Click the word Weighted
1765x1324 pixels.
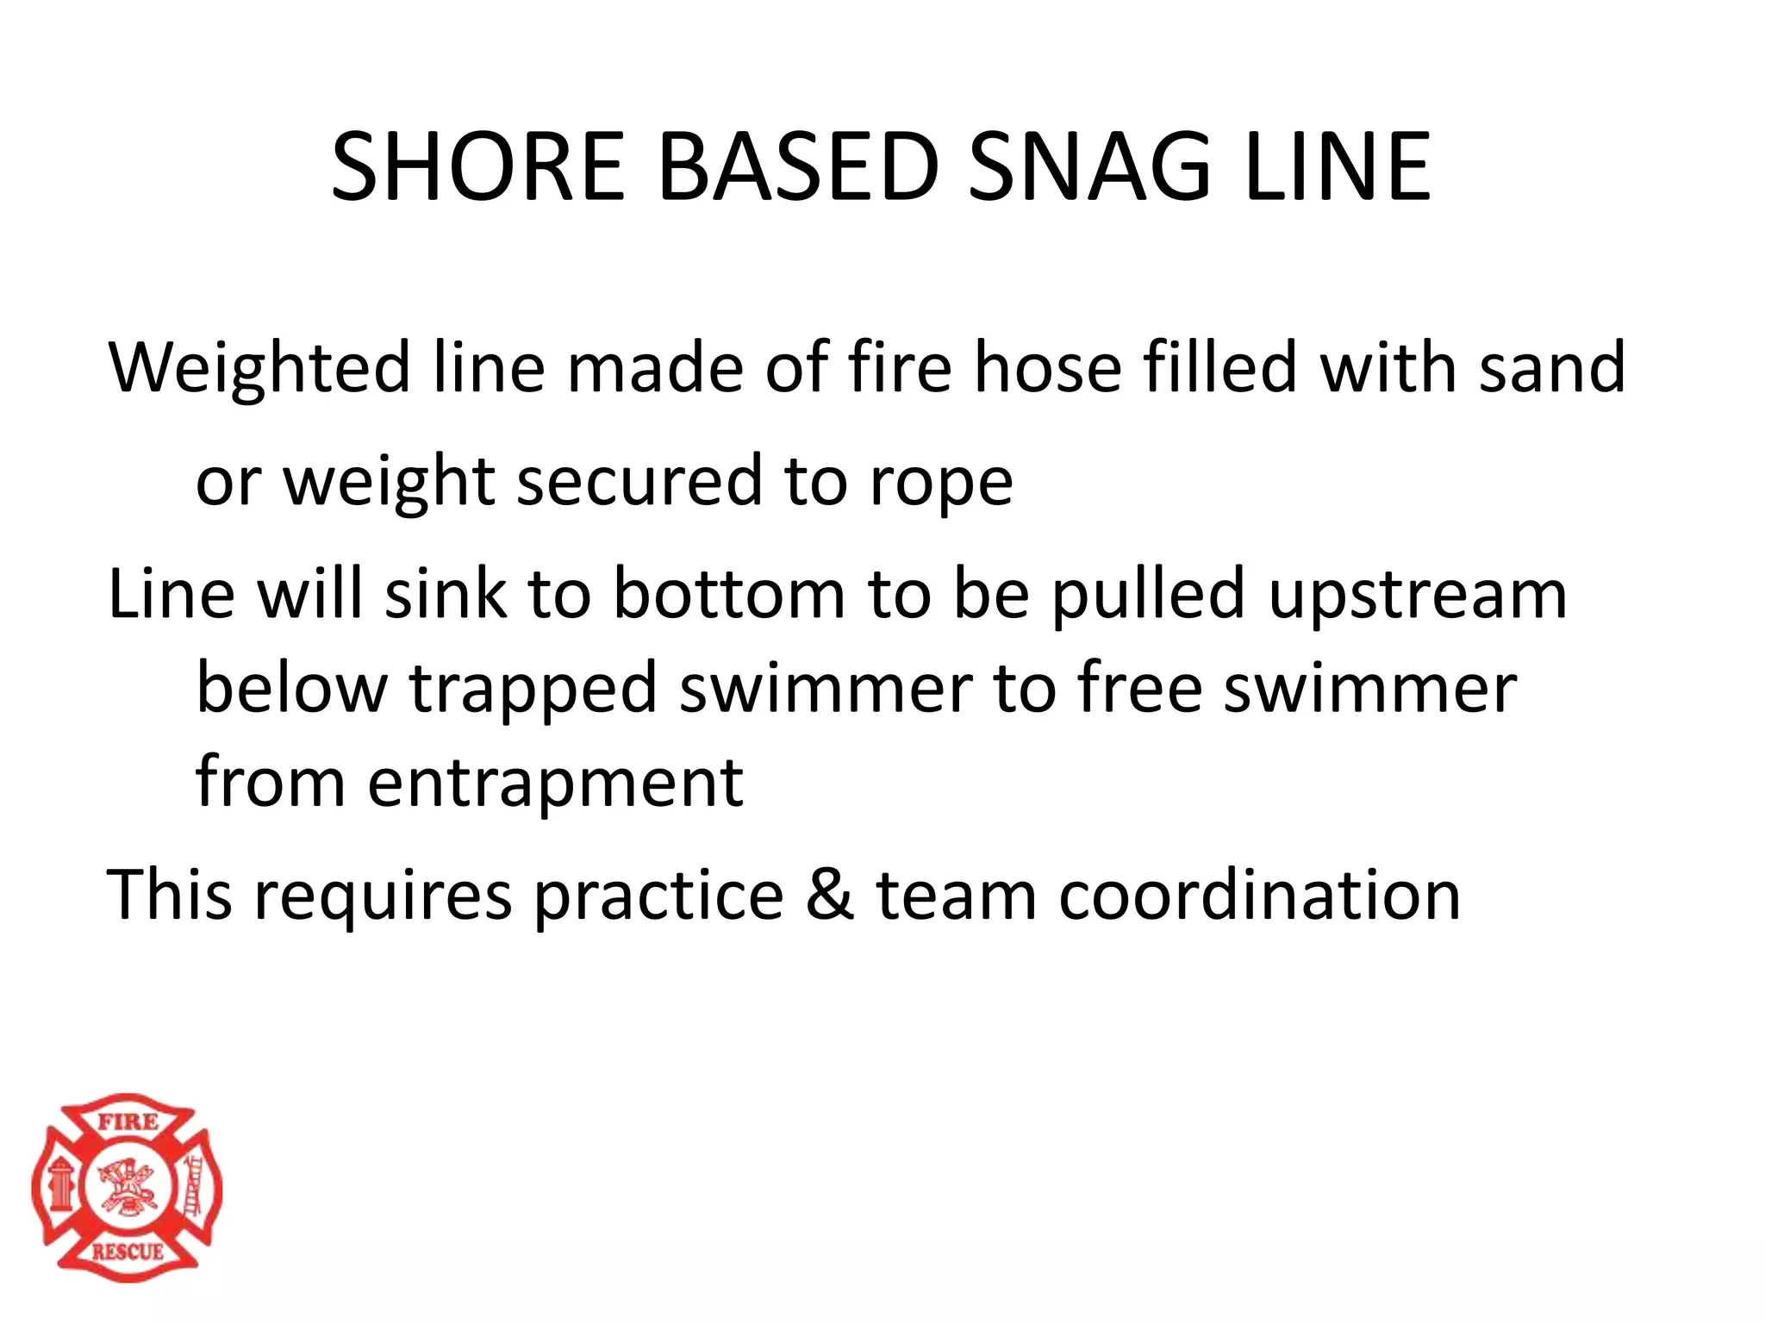(x=259, y=369)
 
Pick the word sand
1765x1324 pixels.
(x=1551, y=367)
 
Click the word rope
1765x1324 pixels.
(x=941, y=483)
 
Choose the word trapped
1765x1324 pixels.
(x=533, y=690)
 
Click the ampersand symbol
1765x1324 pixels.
(x=830, y=895)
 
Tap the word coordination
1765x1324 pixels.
(x=1259, y=895)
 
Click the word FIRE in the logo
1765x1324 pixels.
(x=128, y=1121)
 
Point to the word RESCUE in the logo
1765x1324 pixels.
(x=128, y=1251)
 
